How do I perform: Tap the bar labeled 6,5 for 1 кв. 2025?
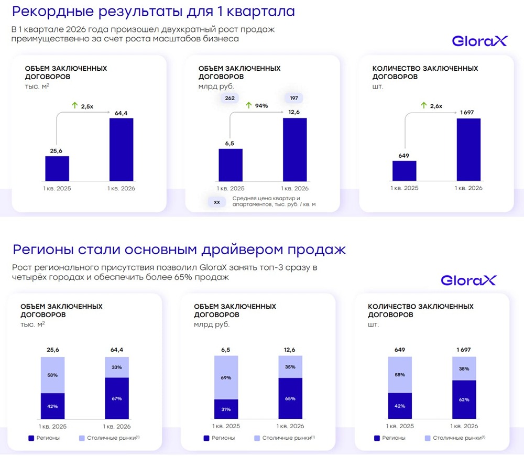[x=230, y=165]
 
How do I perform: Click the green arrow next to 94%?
[x=249, y=105]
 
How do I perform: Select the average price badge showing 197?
[x=293, y=97]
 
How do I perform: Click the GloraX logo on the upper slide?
[x=479, y=41]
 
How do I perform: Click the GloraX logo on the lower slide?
[x=468, y=280]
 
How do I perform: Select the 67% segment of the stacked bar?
[x=117, y=398]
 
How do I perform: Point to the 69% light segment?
[x=226, y=377]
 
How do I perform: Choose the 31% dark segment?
[x=226, y=409]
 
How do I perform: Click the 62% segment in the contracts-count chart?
[x=464, y=399]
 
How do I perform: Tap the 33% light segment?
[x=117, y=367]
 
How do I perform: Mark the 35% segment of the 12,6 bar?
[x=290, y=367]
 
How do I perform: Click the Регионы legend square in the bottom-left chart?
[x=30, y=438]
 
